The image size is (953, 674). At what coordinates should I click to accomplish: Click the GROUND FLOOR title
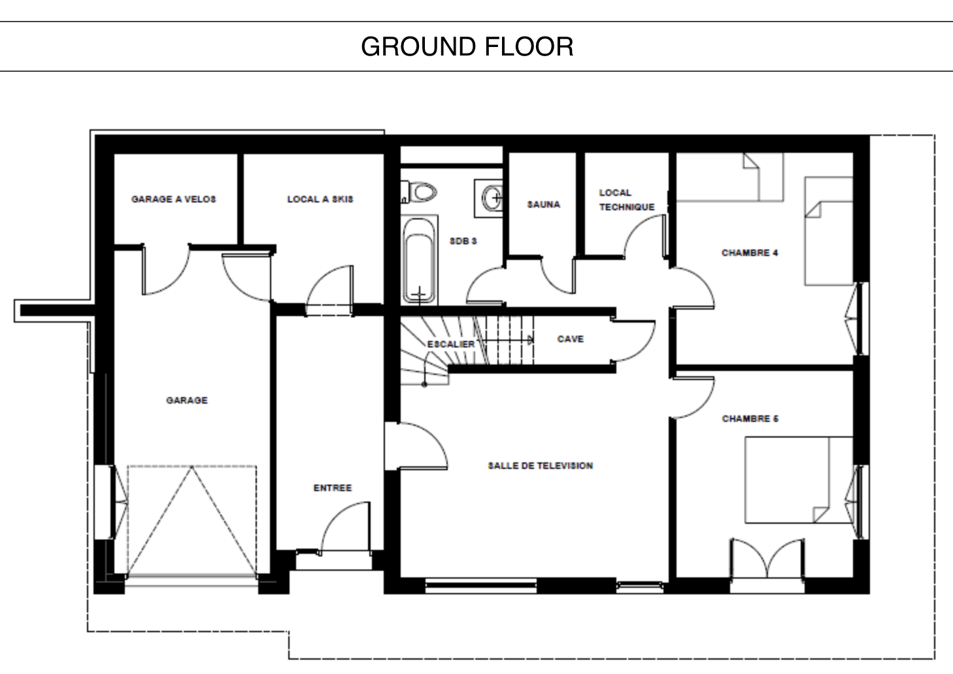(467, 46)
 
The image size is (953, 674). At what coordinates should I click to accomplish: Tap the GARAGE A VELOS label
(174, 199)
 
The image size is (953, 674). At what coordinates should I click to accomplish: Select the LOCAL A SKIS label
(320, 199)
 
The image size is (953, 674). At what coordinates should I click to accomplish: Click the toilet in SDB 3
(419, 192)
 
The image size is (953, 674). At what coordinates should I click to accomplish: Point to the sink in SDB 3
(490, 198)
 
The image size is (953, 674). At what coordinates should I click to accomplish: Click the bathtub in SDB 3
(420, 260)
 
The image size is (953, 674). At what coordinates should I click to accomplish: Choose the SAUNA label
(544, 204)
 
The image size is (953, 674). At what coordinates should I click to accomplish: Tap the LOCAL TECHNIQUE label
(627, 200)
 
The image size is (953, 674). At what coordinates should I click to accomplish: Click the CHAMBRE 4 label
(750, 253)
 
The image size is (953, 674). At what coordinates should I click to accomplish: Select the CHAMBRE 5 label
(750, 419)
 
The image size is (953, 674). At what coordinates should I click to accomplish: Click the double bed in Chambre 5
(799, 480)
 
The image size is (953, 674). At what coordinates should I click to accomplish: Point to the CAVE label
(571, 339)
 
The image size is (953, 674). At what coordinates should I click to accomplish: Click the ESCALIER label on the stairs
(451, 344)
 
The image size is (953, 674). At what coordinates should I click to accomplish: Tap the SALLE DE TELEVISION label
(541, 466)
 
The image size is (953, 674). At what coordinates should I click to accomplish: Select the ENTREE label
(333, 488)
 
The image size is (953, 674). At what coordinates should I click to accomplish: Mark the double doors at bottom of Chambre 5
(767, 558)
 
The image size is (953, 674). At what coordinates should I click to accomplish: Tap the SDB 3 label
(463, 241)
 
